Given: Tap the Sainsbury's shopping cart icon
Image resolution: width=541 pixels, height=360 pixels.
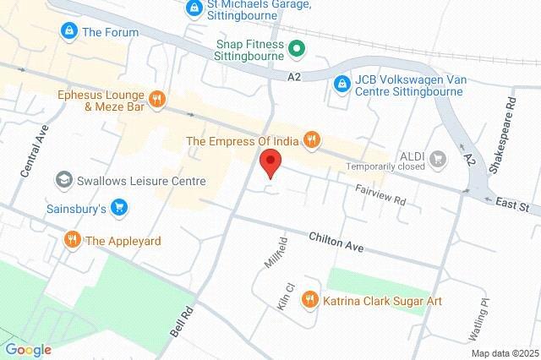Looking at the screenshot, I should [119, 207].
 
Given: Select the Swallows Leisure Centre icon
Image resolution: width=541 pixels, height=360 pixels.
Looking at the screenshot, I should [63, 180].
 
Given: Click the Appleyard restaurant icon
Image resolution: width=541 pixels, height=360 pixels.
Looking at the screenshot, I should [73, 240].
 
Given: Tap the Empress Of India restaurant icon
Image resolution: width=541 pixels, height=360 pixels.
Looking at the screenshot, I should [312, 140].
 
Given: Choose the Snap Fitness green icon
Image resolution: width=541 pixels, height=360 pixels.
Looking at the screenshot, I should [297, 49].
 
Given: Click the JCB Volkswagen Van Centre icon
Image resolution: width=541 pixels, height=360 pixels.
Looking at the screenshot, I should [341, 85].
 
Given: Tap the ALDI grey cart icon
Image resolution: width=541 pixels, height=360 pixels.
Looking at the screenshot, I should [438, 156].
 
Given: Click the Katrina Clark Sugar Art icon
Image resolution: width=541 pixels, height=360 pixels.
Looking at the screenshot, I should [311, 299].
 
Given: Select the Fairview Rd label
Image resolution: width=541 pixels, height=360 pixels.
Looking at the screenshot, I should [381, 197].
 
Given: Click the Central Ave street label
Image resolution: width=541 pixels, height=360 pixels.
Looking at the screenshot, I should [31, 155].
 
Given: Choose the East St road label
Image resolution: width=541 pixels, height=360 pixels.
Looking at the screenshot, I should [512, 206].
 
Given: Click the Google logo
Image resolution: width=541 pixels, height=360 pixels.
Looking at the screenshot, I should [29, 350].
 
